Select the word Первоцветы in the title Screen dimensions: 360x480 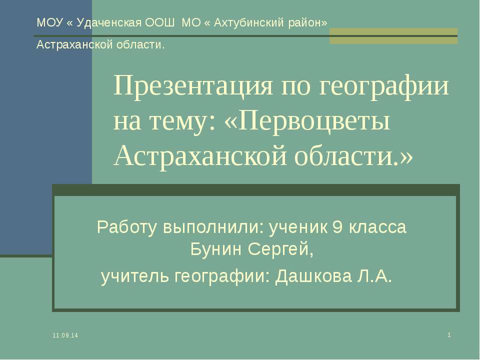pos(314,121)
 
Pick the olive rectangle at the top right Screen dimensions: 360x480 pos(393,36)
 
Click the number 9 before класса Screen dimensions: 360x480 pos(337,227)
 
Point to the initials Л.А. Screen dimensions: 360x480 pos(374,275)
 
